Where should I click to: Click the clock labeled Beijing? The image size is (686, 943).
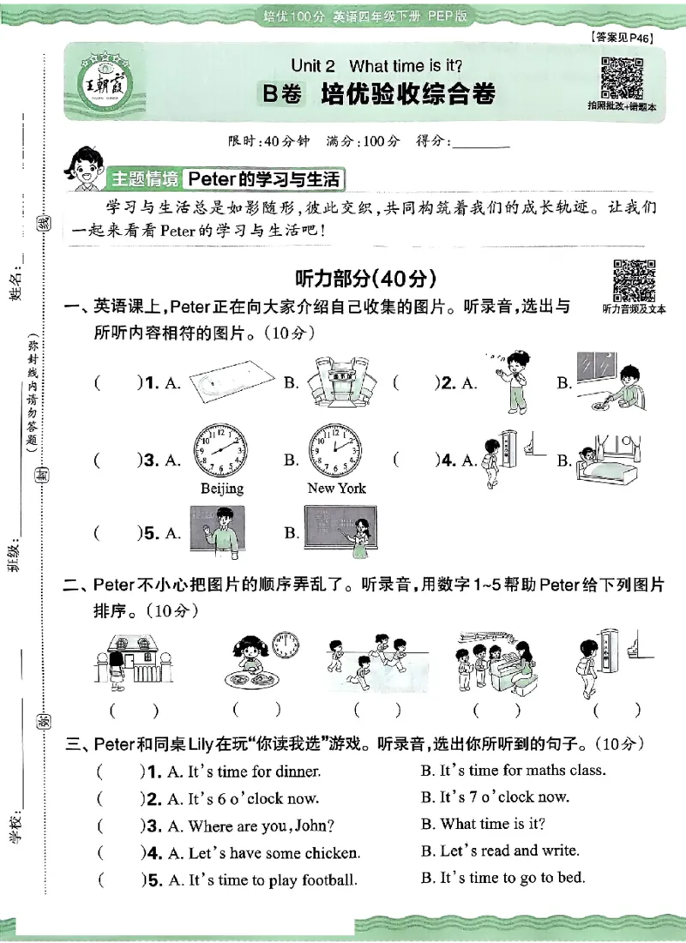220,452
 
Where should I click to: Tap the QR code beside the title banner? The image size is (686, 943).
622,77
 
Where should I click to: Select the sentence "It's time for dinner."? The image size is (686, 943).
244,772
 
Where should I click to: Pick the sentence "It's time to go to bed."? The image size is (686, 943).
512,878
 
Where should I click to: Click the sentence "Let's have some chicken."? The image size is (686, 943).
263,853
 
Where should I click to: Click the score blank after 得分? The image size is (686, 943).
479,142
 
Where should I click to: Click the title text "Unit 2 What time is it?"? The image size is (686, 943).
376,66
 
